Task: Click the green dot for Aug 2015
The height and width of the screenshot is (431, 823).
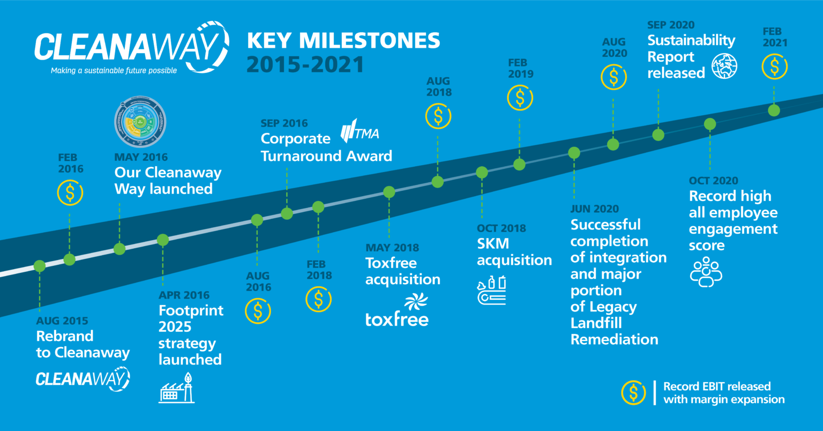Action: (x=39, y=265)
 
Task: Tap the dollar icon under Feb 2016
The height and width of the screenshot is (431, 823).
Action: (x=70, y=193)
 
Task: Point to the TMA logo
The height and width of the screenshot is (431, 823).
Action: (x=360, y=132)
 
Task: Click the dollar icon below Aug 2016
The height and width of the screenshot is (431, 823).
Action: (x=258, y=311)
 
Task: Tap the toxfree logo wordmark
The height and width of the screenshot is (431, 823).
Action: (x=397, y=319)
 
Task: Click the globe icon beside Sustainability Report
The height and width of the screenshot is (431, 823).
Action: (x=724, y=66)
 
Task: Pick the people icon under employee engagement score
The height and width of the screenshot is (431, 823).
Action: (x=706, y=272)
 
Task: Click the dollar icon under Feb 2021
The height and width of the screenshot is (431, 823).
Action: (x=775, y=66)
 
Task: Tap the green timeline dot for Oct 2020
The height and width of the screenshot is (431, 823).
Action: (x=709, y=124)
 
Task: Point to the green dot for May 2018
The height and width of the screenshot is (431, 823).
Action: (x=390, y=192)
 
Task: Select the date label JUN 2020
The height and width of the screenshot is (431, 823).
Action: (x=595, y=209)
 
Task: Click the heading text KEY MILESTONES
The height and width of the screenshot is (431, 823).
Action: (x=343, y=41)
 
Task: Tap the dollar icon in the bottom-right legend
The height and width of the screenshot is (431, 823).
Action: (x=633, y=392)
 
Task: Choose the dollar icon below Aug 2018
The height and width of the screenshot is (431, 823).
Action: (x=438, y=116)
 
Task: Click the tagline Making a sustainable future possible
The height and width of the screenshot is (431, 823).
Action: (x=114, y=70)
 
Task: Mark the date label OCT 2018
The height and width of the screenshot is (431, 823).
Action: (x=502, y=228)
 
